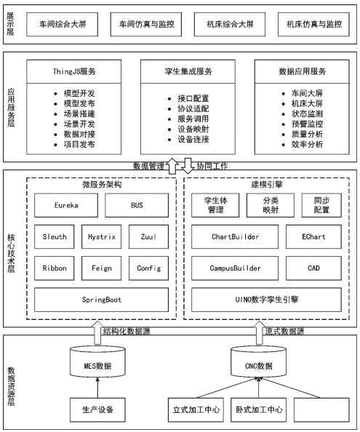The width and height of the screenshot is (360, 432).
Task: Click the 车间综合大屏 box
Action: pos(63,24)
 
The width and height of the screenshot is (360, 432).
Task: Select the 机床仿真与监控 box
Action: pos(313,24)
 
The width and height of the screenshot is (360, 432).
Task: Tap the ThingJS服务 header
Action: pos(73,71)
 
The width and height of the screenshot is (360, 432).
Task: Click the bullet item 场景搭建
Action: pos(79,113)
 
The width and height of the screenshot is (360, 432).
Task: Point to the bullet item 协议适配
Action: pos(193,108)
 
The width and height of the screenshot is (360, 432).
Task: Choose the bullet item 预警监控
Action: pos(307,124)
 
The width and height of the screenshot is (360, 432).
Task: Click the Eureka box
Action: pos(66,205)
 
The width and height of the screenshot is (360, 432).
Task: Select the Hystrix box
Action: pos(101,236)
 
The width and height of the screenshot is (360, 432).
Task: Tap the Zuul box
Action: pos(149,236)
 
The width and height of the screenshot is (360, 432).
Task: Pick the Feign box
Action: pos(101,268)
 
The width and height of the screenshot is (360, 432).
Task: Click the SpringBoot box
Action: pos(101,300)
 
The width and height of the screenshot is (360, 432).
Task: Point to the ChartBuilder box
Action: pos(235,236)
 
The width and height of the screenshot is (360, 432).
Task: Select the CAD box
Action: pos(313,268)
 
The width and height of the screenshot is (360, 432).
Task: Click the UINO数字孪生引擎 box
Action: pos(267,300)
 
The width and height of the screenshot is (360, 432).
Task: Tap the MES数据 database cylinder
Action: pos(97,362)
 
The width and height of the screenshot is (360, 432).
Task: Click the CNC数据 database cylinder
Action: pos(259,362)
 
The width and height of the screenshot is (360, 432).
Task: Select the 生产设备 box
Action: pos(97,409)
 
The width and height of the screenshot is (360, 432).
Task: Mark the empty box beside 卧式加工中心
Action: pos(321,409)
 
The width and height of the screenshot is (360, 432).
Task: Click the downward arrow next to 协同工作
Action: pos(188,166)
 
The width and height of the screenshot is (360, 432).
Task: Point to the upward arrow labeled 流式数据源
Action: pos(259,332)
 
